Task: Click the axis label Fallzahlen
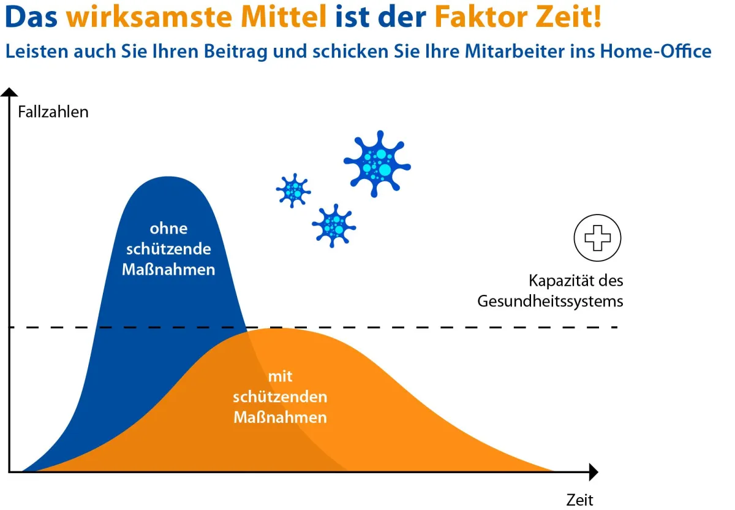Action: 53,112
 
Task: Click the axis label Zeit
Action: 579,499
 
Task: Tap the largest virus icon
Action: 377,163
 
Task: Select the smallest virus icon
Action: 293,190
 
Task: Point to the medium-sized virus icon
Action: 334,225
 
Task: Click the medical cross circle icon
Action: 597,238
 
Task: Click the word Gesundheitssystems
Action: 550,302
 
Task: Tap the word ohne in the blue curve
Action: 168,229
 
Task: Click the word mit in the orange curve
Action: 280,376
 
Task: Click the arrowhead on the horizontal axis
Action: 592,472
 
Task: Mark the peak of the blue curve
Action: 167,177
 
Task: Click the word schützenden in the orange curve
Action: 280,397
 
